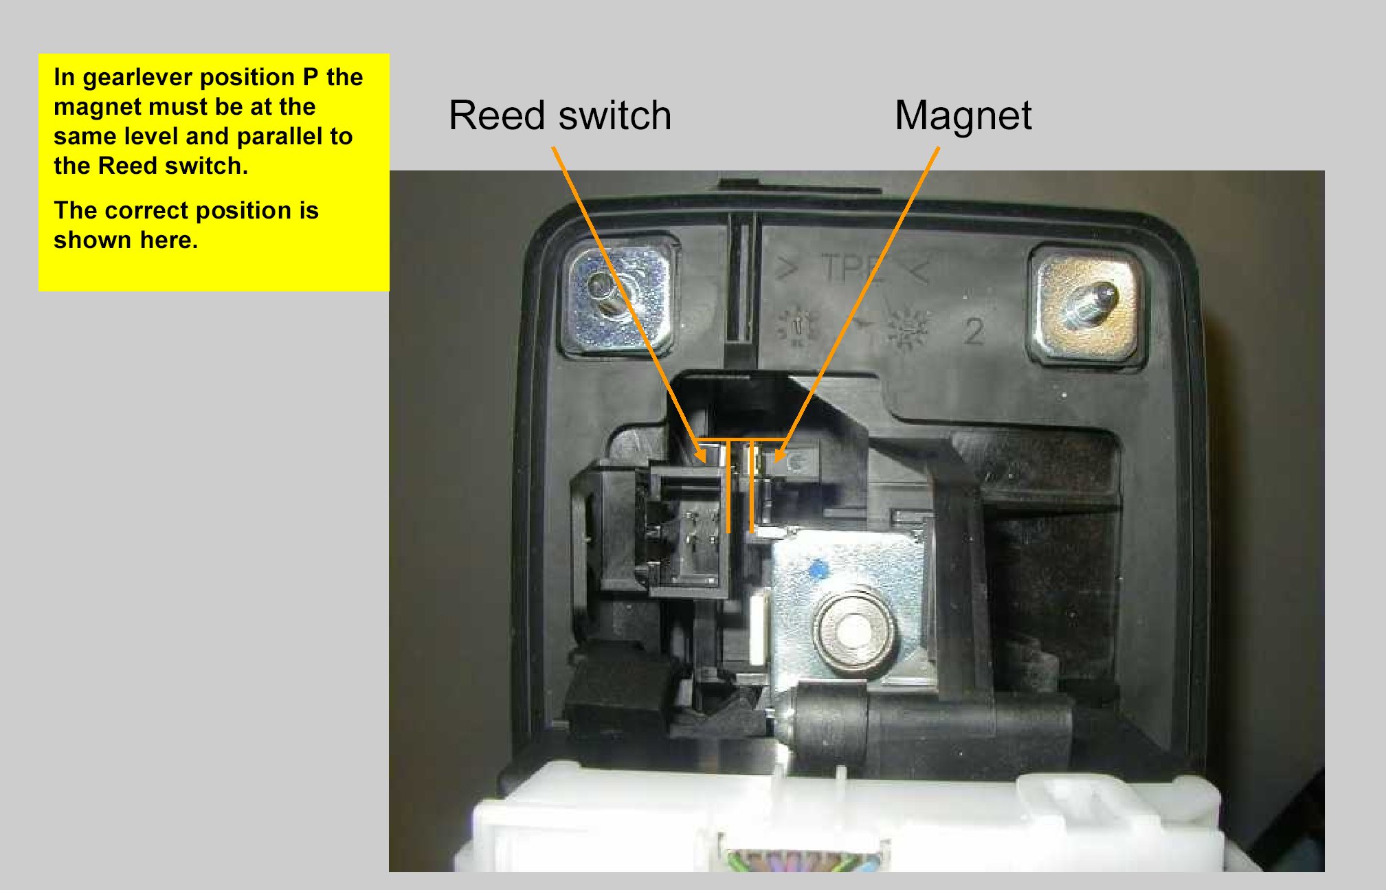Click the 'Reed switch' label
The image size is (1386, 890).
point(559,115)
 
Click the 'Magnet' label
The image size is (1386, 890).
point(963,115)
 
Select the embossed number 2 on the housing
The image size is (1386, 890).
point(973,332)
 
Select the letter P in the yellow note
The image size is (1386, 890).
point(311,78)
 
